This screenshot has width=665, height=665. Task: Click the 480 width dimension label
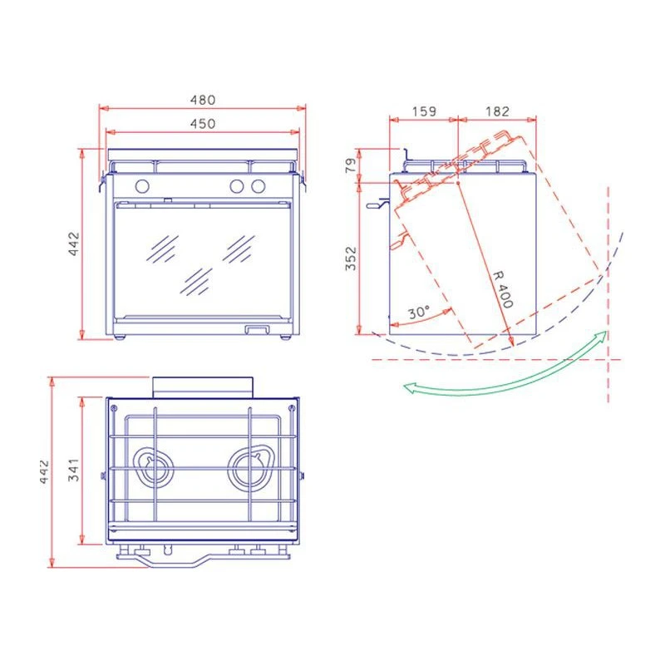[203, 100]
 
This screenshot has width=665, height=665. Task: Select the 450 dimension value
[203, 124]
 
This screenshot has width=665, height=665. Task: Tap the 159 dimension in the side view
[424, 111]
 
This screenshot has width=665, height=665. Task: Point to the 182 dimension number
[497, 111]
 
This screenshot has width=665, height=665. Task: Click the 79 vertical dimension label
[351, 165]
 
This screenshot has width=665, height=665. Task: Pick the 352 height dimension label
[351, 259]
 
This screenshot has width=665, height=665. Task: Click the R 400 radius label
[504, 289]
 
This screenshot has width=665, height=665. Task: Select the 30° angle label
[419, 313]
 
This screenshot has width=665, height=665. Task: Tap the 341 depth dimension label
[74, 470]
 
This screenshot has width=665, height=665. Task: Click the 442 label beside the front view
[74, 244]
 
